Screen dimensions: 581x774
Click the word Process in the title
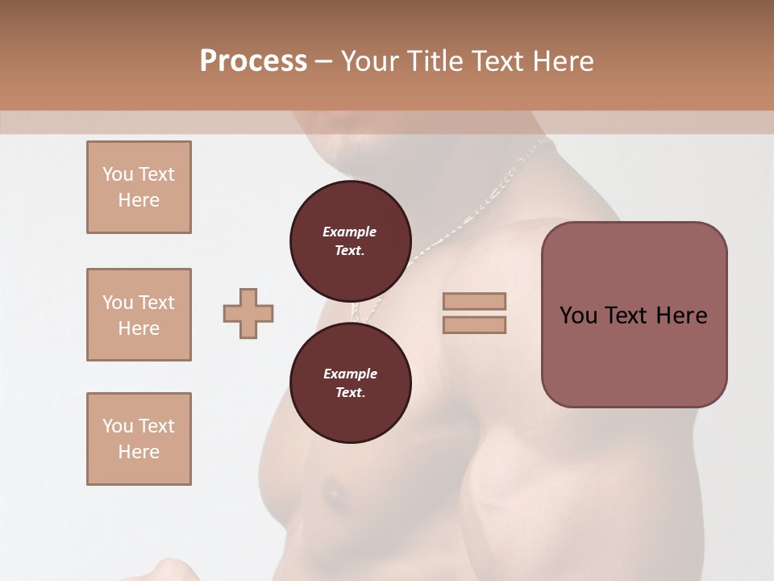pos(253,61)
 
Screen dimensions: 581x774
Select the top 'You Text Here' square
pos(139,187)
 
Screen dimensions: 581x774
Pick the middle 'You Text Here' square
pos(139,315)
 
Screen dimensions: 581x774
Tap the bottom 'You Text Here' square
pos(139,439)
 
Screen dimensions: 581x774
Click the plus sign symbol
pos(248,313)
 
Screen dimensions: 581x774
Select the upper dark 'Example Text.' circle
pos(350,241)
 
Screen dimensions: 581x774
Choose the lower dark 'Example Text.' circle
pos(350,383)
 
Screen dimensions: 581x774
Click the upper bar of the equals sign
pos(474,301)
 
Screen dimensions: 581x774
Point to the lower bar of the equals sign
pos(474,324)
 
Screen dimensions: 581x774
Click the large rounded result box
pos(634,315)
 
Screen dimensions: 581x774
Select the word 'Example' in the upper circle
pos(350,232)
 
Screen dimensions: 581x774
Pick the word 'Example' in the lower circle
pos(350,374)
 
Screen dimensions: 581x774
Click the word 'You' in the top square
pos(117,174)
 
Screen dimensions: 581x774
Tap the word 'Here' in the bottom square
pos(139,452)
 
